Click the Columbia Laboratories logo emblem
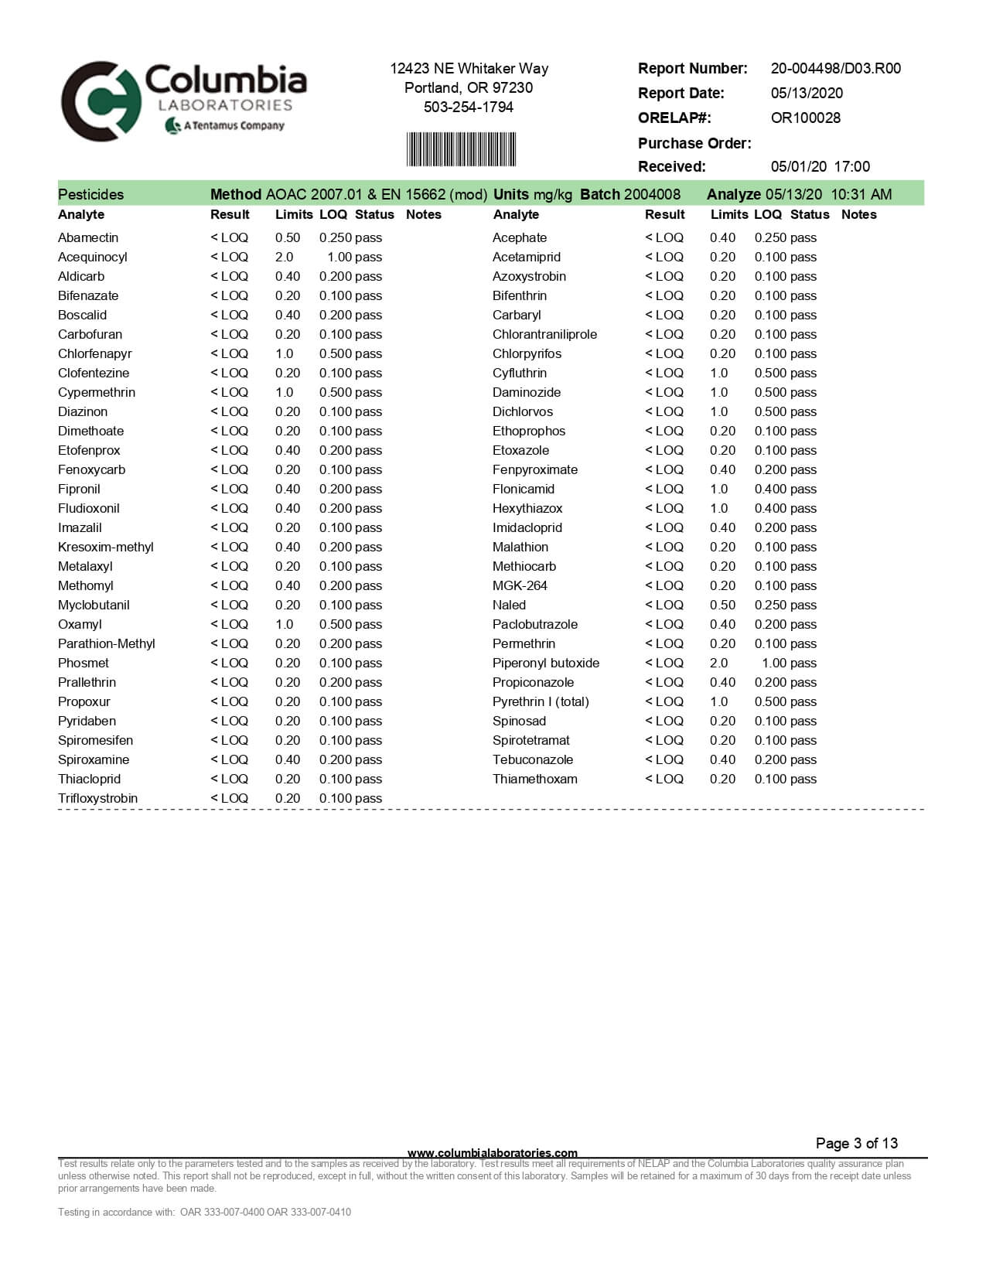[x=101, y=101]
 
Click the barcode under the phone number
[x=461, y=149]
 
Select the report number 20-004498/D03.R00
[x=835, y=68]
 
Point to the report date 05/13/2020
[x=807, y=93]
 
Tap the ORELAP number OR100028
[x=805, y=118]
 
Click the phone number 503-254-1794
[x=468, y=107]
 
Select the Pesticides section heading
[x=90, y=194]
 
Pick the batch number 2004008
[x=652, y=194]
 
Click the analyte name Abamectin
[x=88, y=237]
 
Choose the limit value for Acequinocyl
[x=284, y=257]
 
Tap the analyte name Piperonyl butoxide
[x=545, y=663]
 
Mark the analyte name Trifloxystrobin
[x=97, y=798]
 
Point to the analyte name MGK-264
[x=520, y=585]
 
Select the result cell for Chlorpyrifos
[x=664, y=353]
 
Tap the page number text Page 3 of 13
[x=856, y=1143]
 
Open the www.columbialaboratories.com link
[x=492, y=1152]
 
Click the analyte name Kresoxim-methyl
[x=105, y=547]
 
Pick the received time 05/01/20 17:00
[x=820, y=166]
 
